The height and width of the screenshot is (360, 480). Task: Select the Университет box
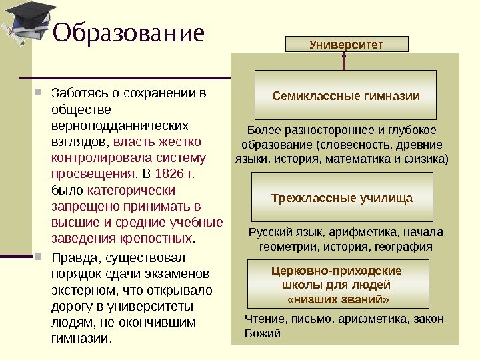(x=346, y=45)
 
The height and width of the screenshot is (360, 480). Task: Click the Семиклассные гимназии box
(x=346, y=96)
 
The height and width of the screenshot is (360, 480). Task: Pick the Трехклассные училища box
(x=342, y=198)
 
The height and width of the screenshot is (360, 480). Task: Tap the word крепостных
(x=155, y=239)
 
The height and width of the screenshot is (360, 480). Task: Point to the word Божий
(x=263, y=333)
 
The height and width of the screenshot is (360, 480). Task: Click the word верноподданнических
(x=120, y=125)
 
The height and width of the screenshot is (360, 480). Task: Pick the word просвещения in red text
(x=92, y=175)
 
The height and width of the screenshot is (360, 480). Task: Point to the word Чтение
(x=265, y=319)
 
